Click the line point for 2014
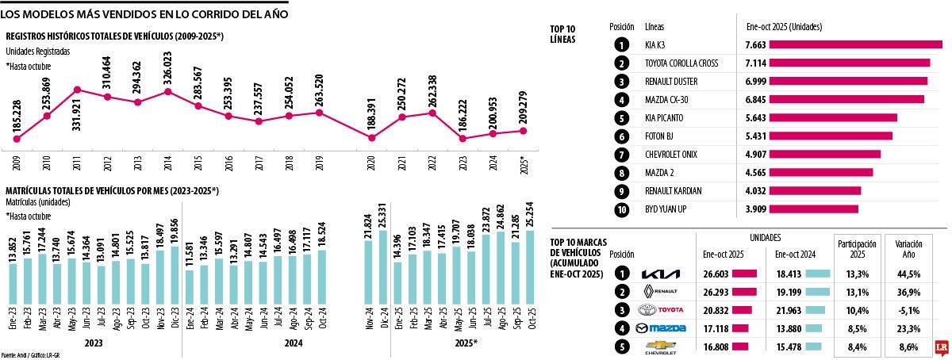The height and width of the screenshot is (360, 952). [x=168, y=92]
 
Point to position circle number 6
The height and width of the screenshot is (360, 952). [x=622, y=136]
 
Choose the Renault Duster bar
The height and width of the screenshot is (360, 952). [x=849, y=81]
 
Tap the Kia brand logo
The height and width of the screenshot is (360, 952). [x=660, y=274]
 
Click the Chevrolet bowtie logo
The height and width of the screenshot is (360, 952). [x=660, y=347]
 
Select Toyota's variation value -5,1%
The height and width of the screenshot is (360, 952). [x=908, y=310]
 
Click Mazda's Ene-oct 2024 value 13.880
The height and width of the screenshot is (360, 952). [x=781, y=328]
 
